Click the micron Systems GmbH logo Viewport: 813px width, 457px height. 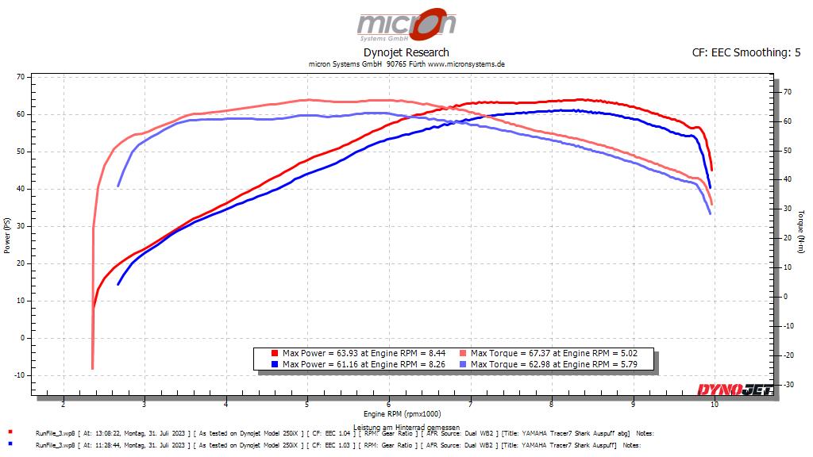tap(406, 25)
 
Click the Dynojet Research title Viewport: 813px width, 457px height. tap(406, 53)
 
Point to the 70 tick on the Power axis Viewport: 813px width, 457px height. tap(21, 77)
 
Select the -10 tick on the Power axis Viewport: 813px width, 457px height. tap(19, 375)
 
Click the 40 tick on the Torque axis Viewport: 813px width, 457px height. tap(786, 179)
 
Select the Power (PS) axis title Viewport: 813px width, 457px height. tap(7, 236)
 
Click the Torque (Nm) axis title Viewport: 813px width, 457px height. tap(801, 231)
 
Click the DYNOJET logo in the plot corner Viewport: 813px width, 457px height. tap(734, 389)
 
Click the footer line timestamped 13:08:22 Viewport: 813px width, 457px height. tap(333, 434)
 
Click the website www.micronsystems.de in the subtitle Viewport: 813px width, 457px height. tap(467, 64)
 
